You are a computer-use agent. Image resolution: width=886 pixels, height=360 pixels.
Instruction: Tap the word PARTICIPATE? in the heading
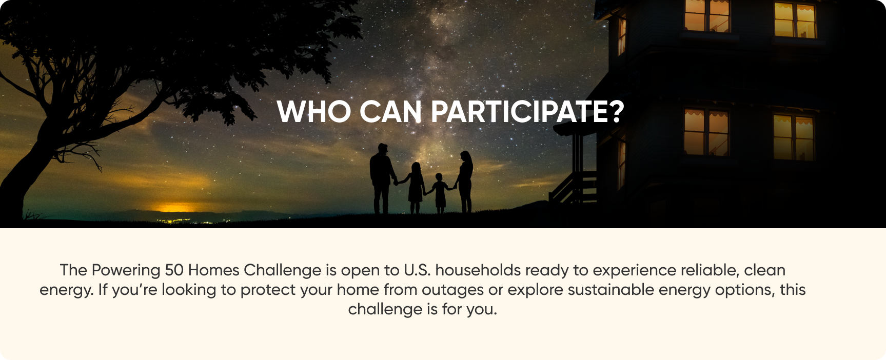tap(527, 111)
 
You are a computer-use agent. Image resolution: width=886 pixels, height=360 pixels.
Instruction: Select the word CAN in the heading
tap(391, 111)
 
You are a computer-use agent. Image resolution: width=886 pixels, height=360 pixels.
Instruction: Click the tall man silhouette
tap(382, 178)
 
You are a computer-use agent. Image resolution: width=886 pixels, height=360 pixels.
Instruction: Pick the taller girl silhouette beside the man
tap(415, 188)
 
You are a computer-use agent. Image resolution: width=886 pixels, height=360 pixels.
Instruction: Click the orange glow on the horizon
tap(174, 208)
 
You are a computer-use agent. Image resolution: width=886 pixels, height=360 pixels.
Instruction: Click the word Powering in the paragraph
tap(126, 271)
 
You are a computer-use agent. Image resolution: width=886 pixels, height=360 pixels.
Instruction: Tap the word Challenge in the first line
tap(283, 271)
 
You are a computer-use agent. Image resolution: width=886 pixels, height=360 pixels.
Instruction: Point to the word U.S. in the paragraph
tap(417, 270)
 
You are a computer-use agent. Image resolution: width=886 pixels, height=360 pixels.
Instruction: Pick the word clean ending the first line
tap(765, 270)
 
